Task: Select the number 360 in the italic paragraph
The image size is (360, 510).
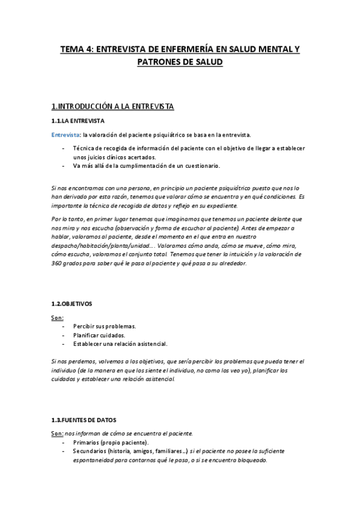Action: pos(59,263)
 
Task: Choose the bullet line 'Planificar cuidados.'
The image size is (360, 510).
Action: pos(99,335)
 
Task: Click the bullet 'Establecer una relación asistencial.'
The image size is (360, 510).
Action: pos(120,344)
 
